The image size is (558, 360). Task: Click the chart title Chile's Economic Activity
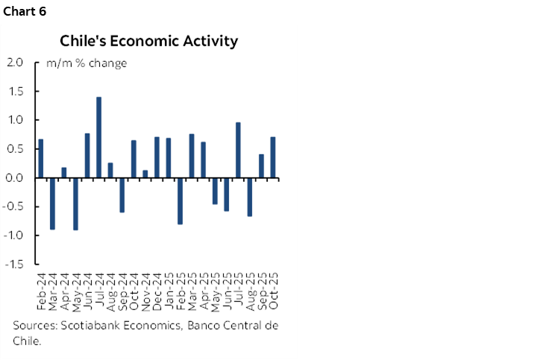coord(148,41)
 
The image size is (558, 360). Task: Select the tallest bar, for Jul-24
coord(98,137)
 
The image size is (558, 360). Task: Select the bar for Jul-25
coord(238,150)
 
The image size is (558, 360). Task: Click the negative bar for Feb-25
coord(180,200)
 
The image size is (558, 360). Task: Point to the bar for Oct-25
coord(273,157)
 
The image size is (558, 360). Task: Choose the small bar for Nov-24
coord(145,174)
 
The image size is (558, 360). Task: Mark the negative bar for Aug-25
coord(250,197)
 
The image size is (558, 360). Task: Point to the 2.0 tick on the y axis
coord(15,63)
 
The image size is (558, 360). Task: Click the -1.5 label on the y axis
coord(13,265)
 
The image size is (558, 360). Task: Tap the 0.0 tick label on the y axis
coord(15,178)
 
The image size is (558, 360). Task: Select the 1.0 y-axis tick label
coord(15,120)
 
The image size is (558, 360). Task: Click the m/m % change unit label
coord(87,63)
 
